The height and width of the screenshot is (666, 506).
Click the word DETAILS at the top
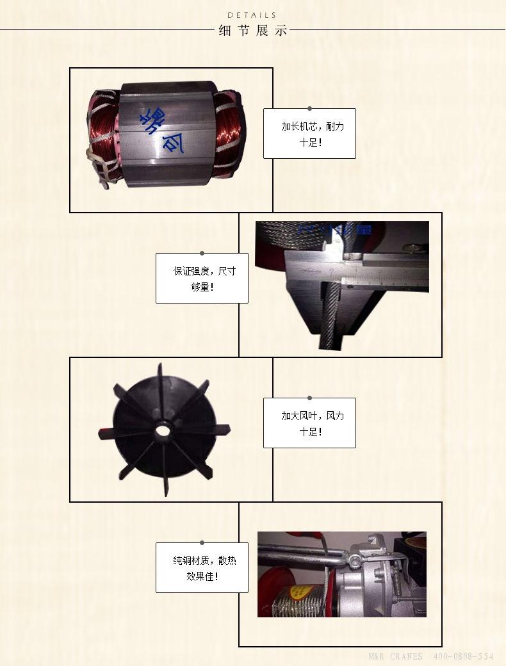click(x=252, y=15)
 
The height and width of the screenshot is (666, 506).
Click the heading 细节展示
click(x=252, y=31)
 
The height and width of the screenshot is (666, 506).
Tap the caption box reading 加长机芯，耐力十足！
click(x=309, y=133)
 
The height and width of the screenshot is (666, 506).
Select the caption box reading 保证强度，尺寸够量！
click(x=202, y=278)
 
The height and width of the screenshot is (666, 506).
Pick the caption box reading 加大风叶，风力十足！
click(x=309, y=423)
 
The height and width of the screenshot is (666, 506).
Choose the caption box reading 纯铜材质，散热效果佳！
click(x=202, y=567)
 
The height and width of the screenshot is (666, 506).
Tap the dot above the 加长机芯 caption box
click(x=309, y=109)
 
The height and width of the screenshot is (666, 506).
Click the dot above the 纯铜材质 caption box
click(x=202, y=543)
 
